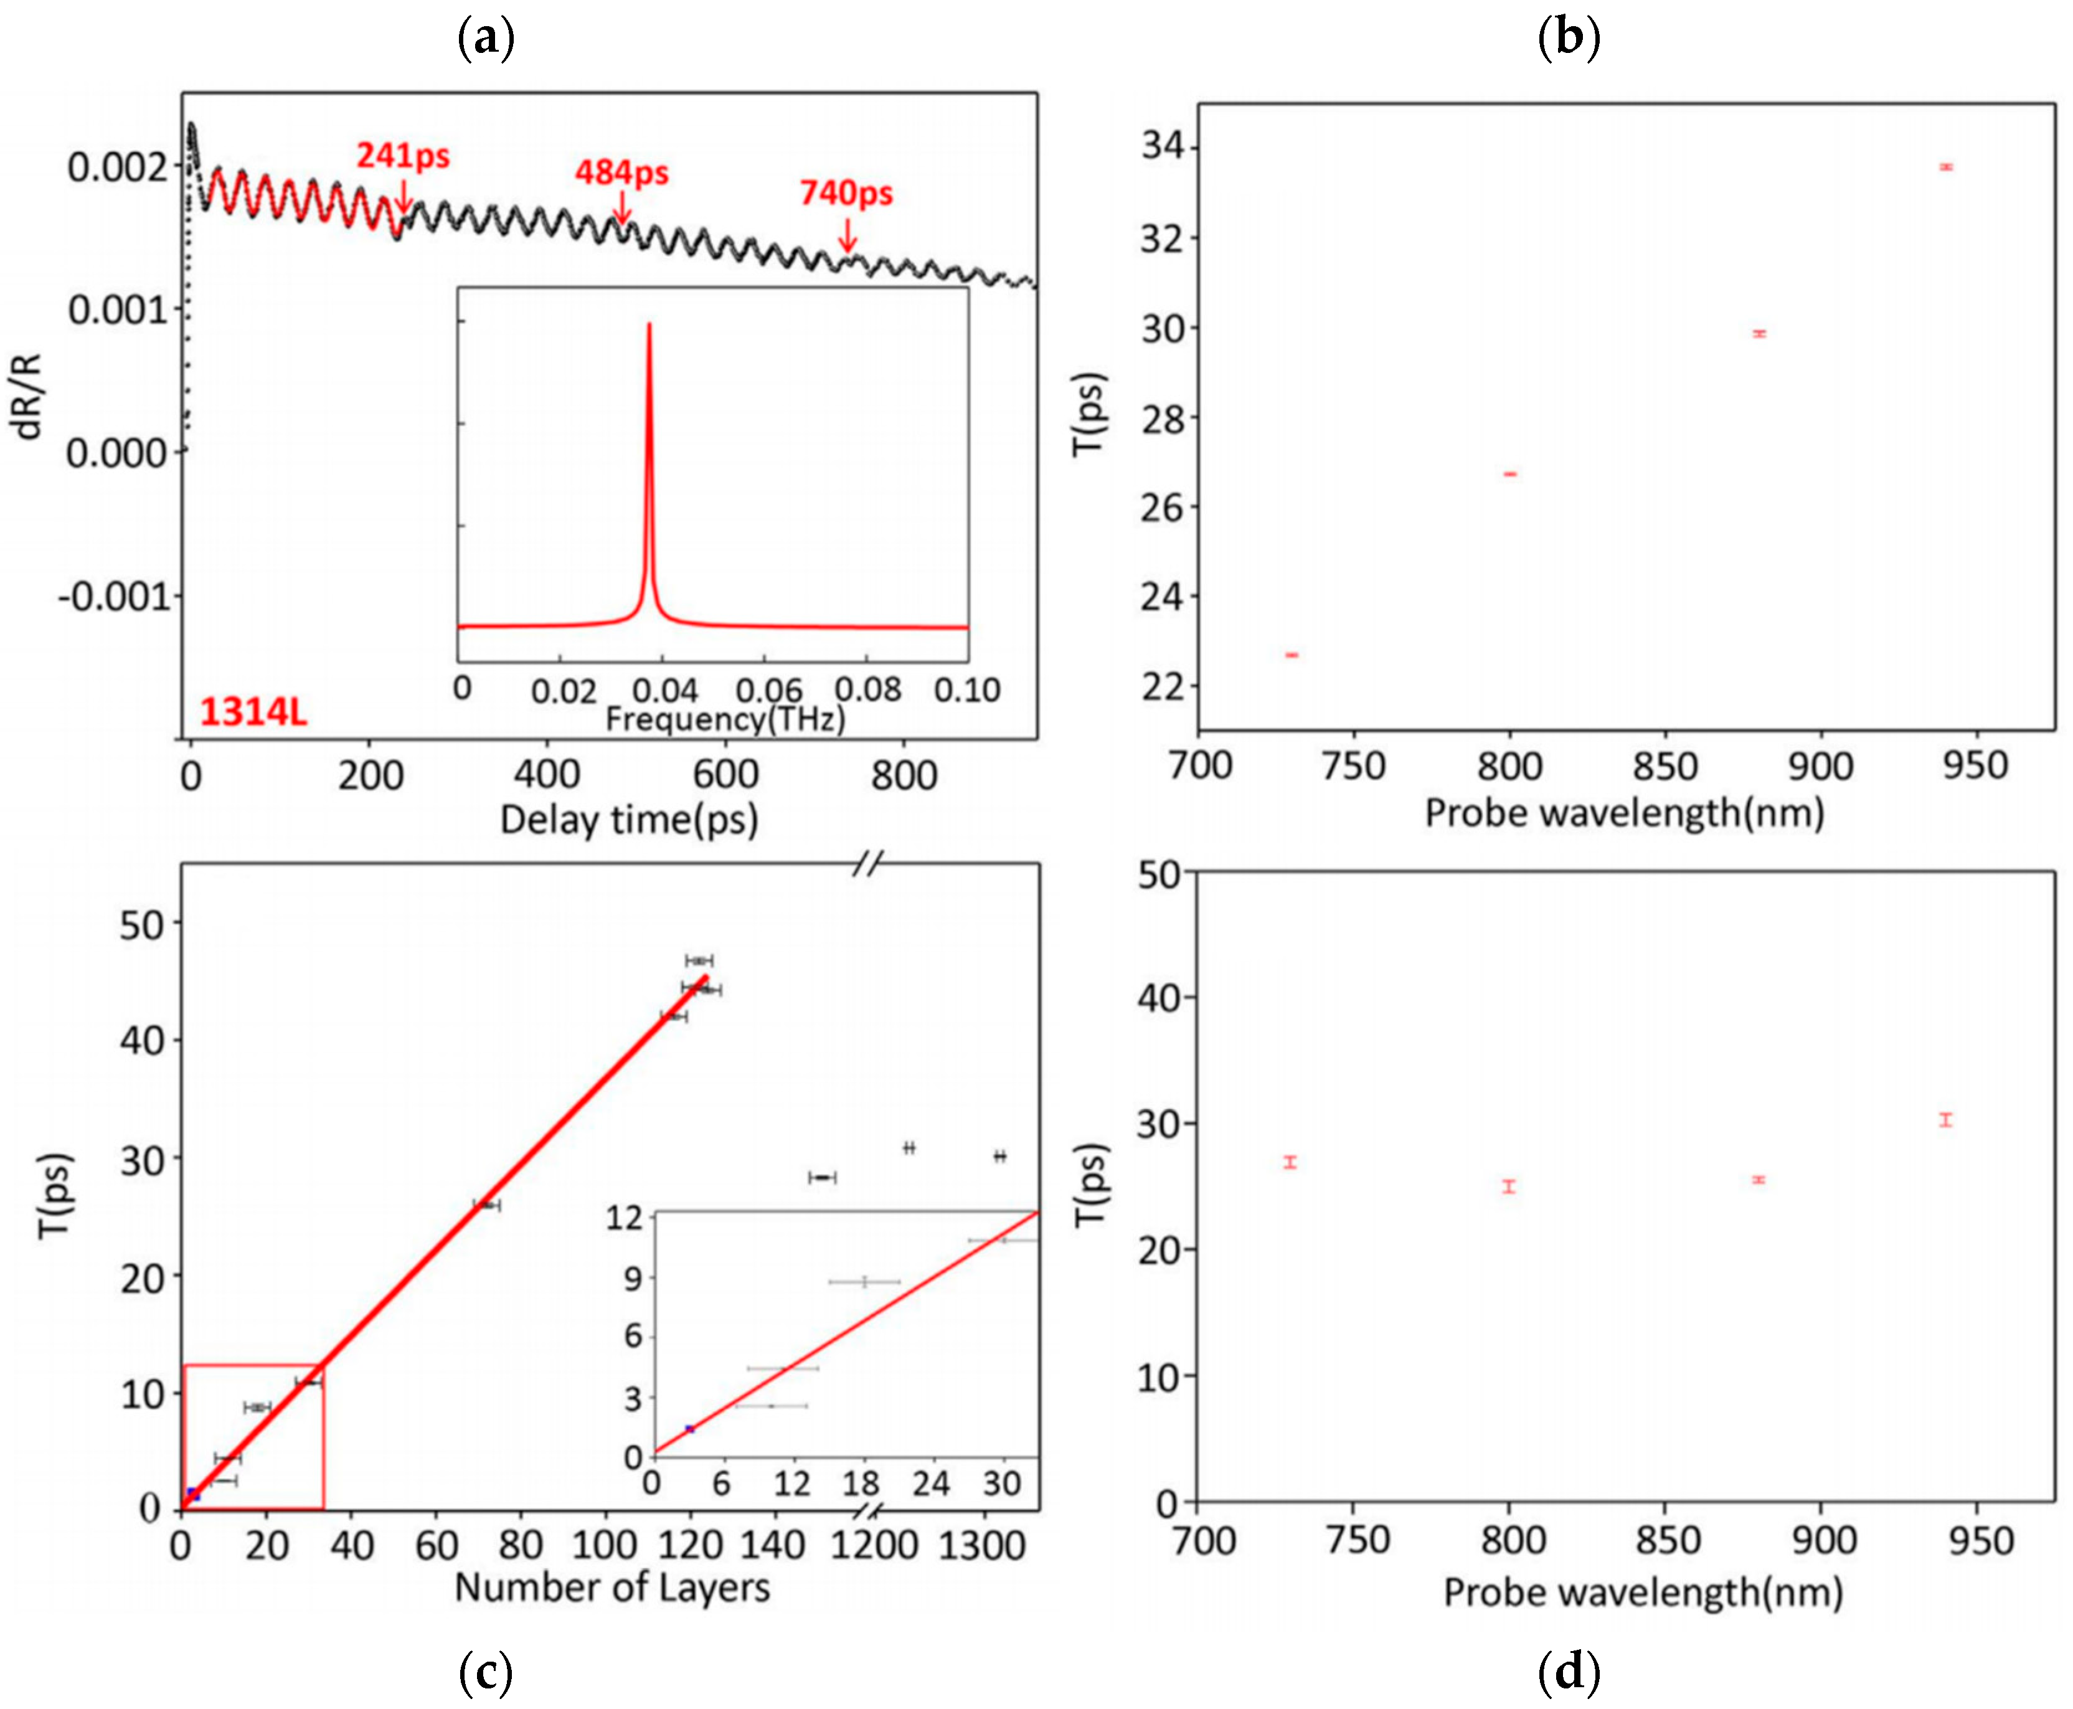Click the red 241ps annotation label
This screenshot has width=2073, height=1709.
coord(403,156)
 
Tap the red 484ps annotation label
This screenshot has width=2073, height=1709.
coord(621,173)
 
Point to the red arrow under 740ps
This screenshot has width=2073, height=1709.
coord(846,236)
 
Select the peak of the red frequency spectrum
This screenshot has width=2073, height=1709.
coord(649,325)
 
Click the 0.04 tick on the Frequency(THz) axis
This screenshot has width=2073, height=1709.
coord(664,690)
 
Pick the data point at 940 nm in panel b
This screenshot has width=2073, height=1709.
coord(1945,168)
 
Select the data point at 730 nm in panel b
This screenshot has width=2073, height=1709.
coord(1291,655)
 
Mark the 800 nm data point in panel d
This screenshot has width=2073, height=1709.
coord(1509,1186)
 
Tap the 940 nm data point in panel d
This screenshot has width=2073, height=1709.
coord(1945,1119)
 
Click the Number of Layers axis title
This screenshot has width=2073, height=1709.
coord(612,1587)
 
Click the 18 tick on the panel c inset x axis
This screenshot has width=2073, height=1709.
coord(861,1482)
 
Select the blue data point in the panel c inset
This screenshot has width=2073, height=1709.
coord(689,1429)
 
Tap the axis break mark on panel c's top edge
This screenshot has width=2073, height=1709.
coord(866,864)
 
